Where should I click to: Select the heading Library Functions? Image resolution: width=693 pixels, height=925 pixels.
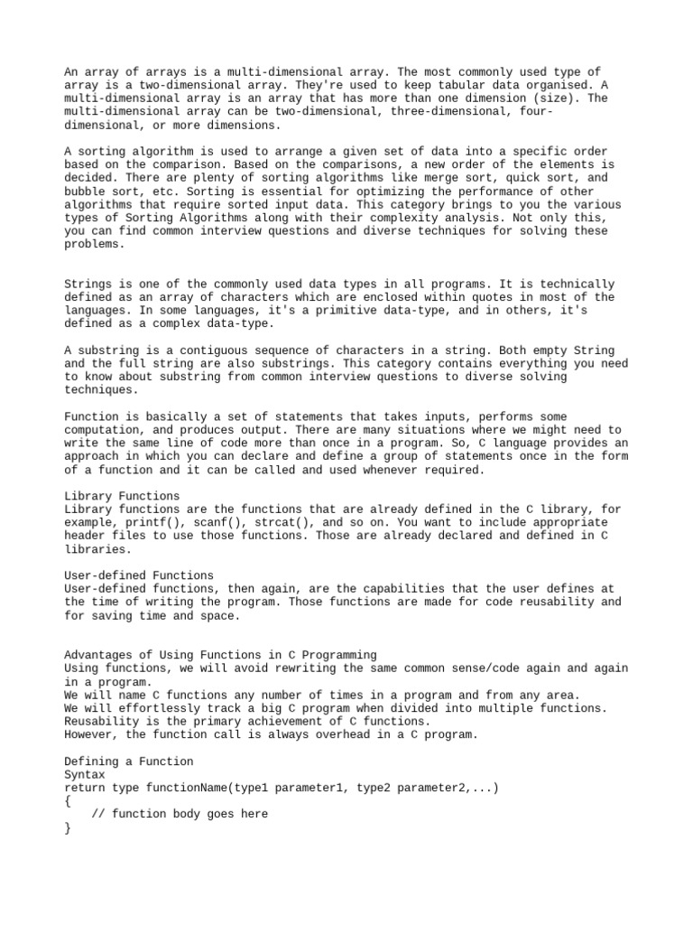[x=122, y=496]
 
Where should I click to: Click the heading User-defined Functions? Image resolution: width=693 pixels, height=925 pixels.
[x=139, y=575]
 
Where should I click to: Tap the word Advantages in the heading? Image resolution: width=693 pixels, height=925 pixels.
[x=98, y=655]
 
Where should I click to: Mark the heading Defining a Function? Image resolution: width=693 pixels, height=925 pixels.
[x=129, y=761]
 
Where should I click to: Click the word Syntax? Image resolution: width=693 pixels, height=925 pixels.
[x=85, y=775]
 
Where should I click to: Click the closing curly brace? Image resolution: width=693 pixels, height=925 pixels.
[x=68, y=827]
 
